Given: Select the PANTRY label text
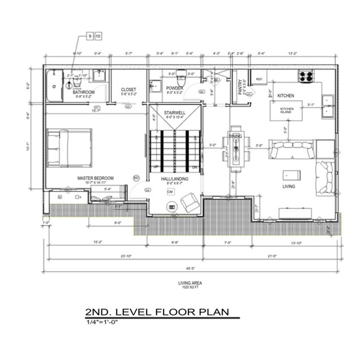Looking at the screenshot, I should tap(240, 88).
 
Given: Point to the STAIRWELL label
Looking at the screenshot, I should tap(175, 113).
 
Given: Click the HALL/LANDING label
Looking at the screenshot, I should tap(175, 179).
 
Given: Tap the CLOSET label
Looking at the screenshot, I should tap(129, 89).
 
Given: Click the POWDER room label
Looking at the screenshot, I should tap(174, 88).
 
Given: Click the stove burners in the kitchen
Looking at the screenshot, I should tap(306, 75).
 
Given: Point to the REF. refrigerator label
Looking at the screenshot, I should tap(260, 79).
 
